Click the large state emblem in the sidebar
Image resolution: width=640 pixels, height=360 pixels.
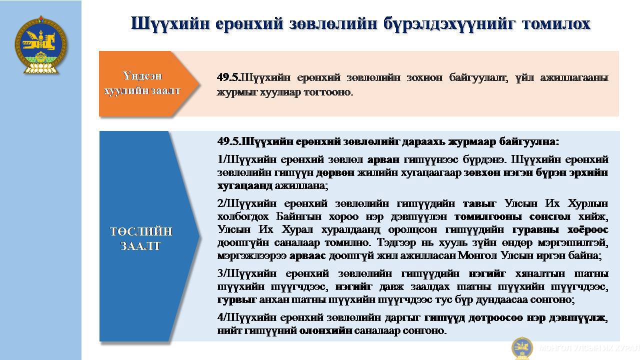tap(41, 45)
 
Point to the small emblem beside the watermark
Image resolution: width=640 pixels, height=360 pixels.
tap(522, 348)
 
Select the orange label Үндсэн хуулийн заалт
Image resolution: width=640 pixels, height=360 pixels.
tap(142, 83)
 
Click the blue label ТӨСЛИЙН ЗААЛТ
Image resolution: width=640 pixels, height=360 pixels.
tap(141, 238)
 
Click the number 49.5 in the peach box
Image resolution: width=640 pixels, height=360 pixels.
tap(227, 77)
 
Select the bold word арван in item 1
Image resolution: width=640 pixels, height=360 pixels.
tap(383, 159)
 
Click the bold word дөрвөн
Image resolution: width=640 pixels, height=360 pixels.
tap(335, 173)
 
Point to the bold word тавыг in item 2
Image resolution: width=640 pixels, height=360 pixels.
tap(479, 203)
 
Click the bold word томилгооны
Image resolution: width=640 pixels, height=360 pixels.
tap(488, 217)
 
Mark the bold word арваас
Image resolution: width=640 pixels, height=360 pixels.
tap(307, 255)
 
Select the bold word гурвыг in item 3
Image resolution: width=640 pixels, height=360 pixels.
tap(237, 300)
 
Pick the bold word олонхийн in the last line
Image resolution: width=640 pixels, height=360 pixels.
tap(325, 331)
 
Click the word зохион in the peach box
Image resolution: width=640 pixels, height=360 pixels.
tap(424, 77)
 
